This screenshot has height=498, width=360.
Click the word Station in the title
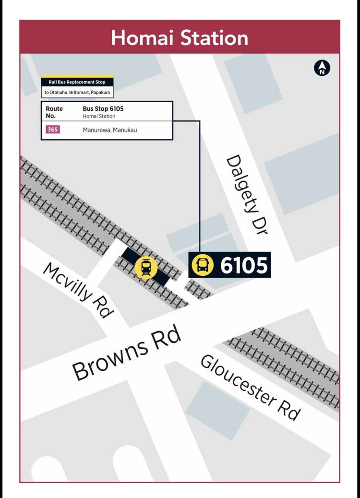coord(212,38)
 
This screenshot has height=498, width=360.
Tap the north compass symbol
coord(322,68)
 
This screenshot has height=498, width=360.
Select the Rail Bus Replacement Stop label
coord(77,83)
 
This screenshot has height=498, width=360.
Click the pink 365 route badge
coord(53,130)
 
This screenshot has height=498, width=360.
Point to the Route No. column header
coord(54,112)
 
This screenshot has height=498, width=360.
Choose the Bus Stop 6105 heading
coord(103,109)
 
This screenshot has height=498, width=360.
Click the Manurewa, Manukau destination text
coord(110,130)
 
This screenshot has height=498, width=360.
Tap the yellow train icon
coord(146,266)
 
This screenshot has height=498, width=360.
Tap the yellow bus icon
coord(203,265)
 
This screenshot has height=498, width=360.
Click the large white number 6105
coord(243,265)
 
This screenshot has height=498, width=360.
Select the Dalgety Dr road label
coord(247,194)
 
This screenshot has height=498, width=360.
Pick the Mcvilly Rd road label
coord(79,289)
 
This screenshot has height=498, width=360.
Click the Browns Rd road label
coord(127,353)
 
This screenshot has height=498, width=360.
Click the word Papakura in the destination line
coord(101,92)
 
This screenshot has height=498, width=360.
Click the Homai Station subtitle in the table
coord(99,116)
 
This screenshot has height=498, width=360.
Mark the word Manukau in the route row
coord(125,130)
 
